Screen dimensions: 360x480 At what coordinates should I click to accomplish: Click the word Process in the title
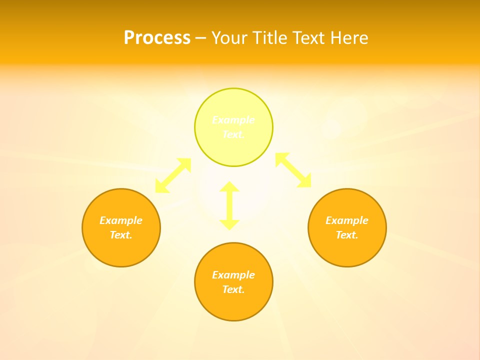click(x=157, y=38)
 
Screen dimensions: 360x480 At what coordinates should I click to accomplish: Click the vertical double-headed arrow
click(x=229, y=205)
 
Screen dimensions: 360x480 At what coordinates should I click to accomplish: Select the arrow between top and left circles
click(x=173, y=175)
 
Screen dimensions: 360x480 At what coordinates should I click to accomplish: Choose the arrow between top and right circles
click(x=293, y=170)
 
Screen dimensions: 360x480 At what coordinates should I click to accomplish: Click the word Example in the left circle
click(x=121, y=220)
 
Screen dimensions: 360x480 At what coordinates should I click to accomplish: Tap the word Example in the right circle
click(x=347, y=220)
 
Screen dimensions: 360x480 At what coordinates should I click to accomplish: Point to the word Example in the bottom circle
click(x=233, y=275)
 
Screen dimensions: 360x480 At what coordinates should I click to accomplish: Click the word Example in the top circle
click(x=233, y=120)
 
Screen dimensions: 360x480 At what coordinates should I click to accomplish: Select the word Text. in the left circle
click(x=121, y=235)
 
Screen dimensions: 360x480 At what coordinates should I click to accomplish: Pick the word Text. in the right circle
click(x=347, y=235)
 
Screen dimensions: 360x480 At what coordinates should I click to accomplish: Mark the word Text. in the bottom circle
click(x=233, y=289)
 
